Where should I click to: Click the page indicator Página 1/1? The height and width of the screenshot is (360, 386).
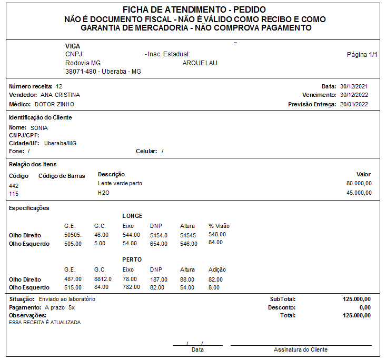point(362,54)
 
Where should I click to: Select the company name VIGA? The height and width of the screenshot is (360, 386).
point(73,46)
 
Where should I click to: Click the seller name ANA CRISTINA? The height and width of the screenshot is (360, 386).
point(60,95)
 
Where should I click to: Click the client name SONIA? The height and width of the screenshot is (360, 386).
point(39,128)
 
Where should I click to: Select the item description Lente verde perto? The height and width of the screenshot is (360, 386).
point(120,183)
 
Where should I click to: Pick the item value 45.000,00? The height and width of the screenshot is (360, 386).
point(359,193)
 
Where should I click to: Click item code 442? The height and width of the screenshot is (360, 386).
point(14,186)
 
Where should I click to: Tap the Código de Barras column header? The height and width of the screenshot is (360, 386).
point(62,176)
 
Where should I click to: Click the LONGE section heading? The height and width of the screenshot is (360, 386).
point(132,216)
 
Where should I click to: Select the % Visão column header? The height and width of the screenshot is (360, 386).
point(219,226)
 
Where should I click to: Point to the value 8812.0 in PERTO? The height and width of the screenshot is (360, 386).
point(103,279)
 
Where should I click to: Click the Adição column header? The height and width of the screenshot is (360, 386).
point(217,269)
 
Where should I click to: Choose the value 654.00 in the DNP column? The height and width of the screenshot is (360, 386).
point(159,244)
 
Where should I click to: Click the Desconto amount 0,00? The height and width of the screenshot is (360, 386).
point(365,307)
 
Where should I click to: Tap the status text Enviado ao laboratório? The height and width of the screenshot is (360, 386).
point(67,299)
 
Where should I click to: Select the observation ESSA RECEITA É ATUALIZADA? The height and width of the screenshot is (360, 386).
point(45,322)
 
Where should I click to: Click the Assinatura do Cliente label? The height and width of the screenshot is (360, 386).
point(300,349)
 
